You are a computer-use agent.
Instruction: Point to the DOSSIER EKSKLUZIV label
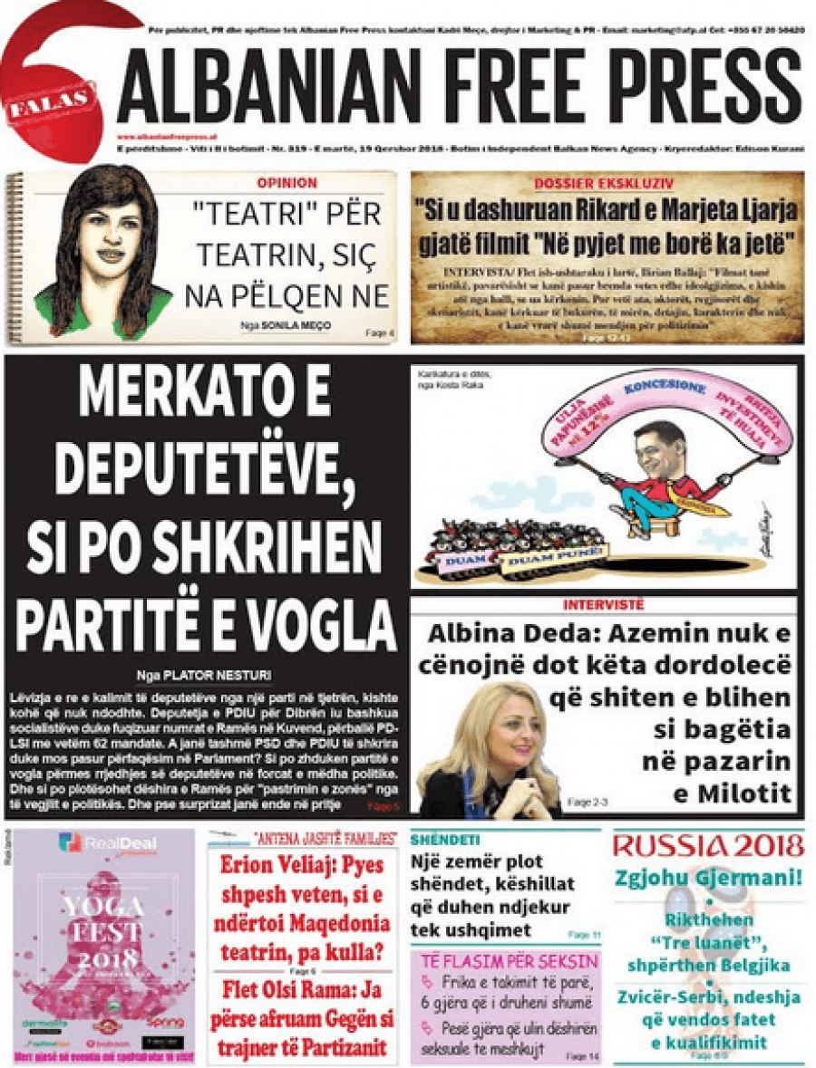[605, 183]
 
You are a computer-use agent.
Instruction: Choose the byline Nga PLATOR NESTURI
[203, 674]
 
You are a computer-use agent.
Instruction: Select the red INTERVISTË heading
[604, 604]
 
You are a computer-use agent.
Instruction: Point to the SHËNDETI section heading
[445, 840]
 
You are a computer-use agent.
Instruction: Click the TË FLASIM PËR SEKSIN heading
[506, 961]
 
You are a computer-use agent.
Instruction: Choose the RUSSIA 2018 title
[708, 846]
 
